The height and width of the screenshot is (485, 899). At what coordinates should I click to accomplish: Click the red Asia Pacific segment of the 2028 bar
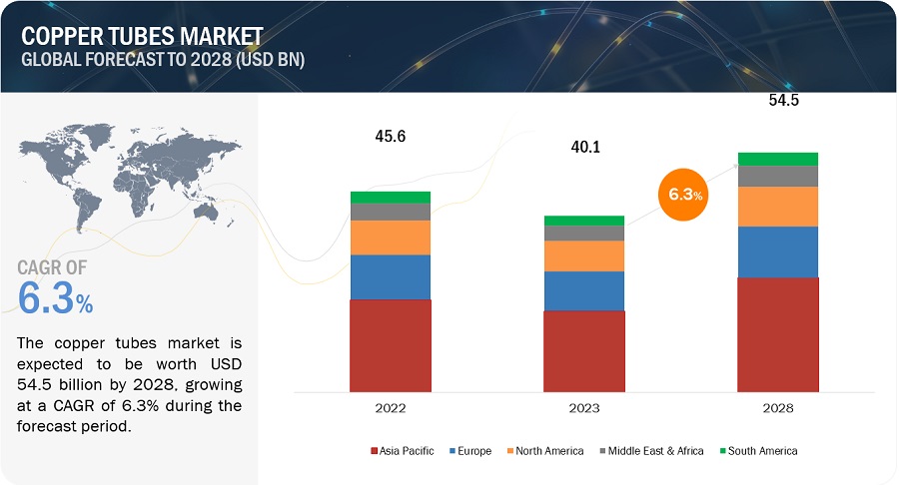coord(777,333)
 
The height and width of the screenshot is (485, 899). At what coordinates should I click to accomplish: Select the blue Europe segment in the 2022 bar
coord(391,276)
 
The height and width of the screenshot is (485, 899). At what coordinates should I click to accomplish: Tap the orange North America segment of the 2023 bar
coord(583,255)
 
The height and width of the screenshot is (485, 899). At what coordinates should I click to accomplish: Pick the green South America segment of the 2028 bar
coord(777,159)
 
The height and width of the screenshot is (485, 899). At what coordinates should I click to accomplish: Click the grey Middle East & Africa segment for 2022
coord(391,212)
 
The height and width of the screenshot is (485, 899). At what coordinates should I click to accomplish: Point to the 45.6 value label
coord(391,135)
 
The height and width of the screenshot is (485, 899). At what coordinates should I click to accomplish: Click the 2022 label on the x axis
coord(391,409)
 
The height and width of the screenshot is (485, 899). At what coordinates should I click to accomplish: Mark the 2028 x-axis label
coord(777,409)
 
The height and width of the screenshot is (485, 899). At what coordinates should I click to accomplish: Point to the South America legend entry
coord(758,451)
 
